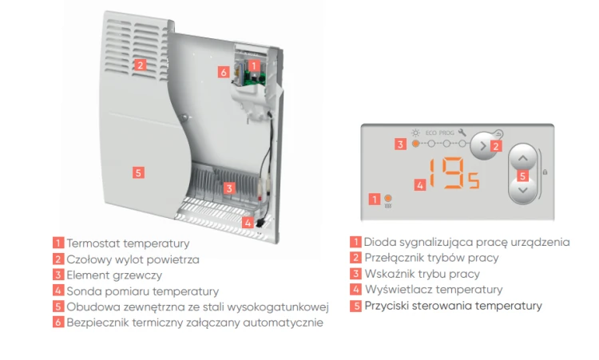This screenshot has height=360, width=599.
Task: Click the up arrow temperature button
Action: coord(523,158)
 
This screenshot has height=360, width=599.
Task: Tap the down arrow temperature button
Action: coord(523,191)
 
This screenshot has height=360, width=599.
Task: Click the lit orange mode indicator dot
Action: coord(415,144)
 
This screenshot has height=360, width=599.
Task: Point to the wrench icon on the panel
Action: coord(462,132)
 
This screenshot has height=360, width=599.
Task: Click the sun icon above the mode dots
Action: coord(415,133)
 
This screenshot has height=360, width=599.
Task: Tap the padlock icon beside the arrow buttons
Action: coord(545,172)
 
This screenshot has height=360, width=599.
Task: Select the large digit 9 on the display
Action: coord(454,173)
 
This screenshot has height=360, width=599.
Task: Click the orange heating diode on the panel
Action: coord(387,198)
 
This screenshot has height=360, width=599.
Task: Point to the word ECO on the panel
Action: coord(431,133)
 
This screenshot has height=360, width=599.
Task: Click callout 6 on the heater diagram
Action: coord(224,72)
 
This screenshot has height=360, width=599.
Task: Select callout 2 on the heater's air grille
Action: coord(141,65)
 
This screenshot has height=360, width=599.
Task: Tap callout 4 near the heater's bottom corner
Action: coord(248,223)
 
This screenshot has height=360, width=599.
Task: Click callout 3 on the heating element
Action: coord(229,188)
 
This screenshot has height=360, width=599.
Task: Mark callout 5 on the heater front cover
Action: coord(138,172)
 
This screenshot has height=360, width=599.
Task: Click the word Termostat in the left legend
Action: coord(93,243)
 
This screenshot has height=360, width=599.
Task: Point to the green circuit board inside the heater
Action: coord(255,79)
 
